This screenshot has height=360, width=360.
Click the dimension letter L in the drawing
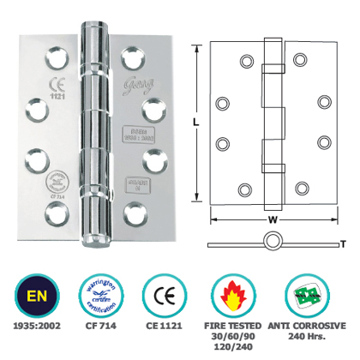[197, 123]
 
